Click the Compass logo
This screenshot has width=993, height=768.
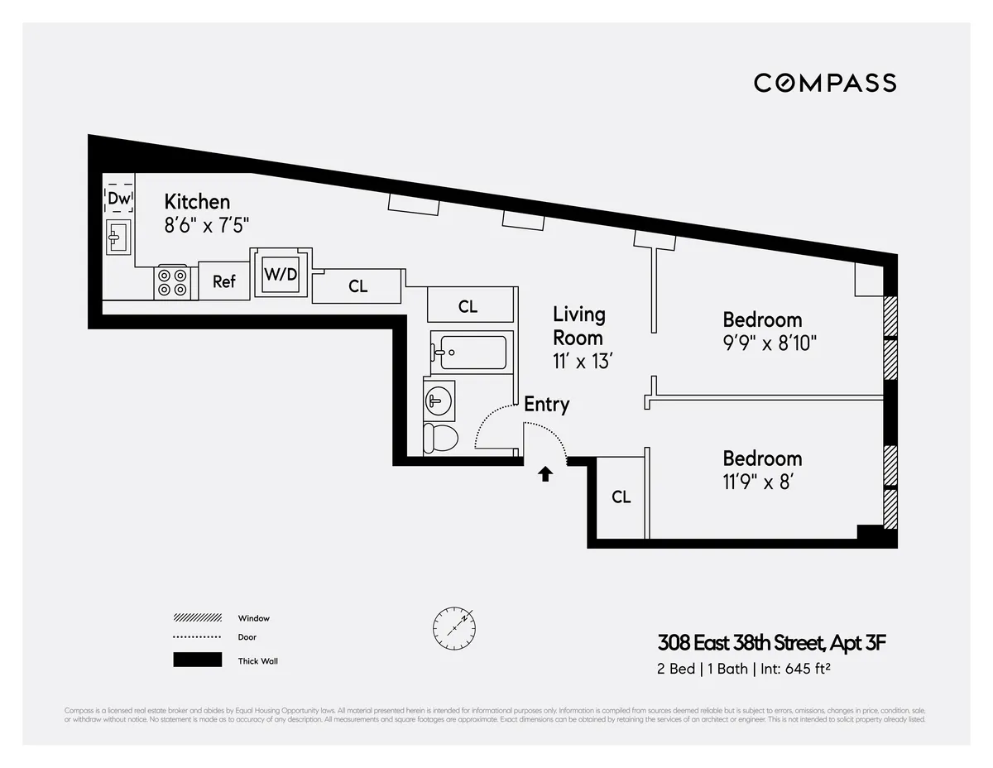824,83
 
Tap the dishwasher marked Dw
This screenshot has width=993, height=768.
119,199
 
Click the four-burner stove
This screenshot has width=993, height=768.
173,281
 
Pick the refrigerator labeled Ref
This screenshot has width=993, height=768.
224,281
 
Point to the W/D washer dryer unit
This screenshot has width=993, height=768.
281,274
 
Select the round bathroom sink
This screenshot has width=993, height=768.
438,401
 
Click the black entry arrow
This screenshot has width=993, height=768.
545,473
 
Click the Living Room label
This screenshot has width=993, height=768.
578,326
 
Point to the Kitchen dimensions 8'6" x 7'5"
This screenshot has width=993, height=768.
207,224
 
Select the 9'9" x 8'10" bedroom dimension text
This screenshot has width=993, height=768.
770,343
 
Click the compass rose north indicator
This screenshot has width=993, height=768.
453,627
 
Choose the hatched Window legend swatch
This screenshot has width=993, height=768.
197,618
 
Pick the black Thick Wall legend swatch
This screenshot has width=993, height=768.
197,660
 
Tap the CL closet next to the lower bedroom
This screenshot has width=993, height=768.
621,497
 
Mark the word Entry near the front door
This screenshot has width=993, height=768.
546,405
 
